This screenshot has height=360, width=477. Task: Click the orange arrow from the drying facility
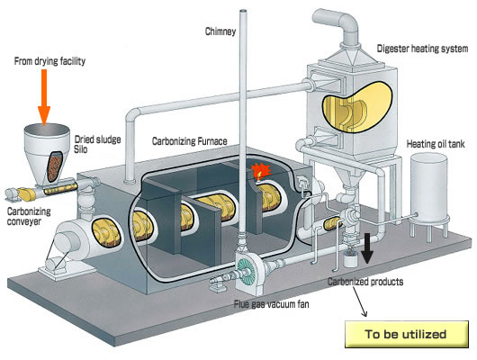44,97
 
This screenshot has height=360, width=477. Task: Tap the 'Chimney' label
220,31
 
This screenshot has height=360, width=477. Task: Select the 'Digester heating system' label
422,49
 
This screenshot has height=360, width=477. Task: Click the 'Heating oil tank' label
436,144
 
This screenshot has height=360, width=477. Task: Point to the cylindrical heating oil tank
429,189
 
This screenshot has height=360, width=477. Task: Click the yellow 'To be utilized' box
407,334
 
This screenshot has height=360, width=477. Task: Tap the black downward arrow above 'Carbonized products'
367,248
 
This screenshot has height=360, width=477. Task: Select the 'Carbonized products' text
365,282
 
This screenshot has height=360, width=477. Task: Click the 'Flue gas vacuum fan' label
272,303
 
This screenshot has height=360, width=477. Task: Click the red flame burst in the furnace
261,170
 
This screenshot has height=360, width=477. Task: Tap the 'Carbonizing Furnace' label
190,141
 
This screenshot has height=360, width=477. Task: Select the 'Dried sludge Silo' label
98,144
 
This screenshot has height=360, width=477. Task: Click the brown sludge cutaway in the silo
55,166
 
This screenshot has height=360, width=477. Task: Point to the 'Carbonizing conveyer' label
29,216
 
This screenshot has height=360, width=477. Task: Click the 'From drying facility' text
49,61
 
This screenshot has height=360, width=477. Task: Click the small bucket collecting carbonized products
350,259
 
